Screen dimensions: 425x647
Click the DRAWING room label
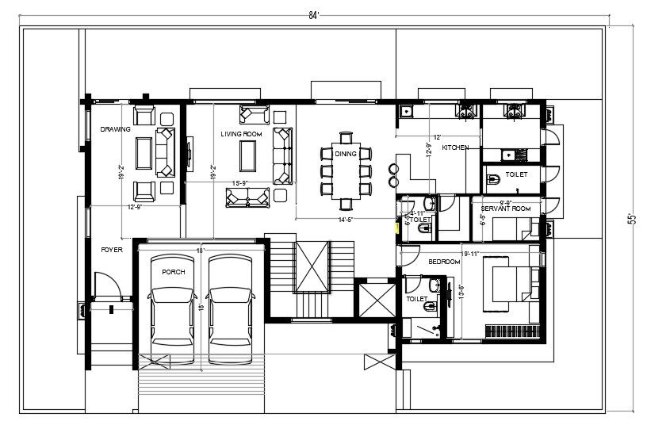[115, 128]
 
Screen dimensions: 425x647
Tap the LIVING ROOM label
[241, 135]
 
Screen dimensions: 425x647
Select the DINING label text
[345, 153]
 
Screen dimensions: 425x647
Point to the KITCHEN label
[455, 148]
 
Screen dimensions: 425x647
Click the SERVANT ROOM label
[504, 208]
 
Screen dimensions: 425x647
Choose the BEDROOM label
[444, 261]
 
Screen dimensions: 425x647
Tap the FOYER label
[111, 249]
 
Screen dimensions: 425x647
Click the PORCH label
[173, 272]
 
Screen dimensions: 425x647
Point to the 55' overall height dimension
[631, 218]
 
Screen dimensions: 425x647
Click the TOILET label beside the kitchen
[517, 172]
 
